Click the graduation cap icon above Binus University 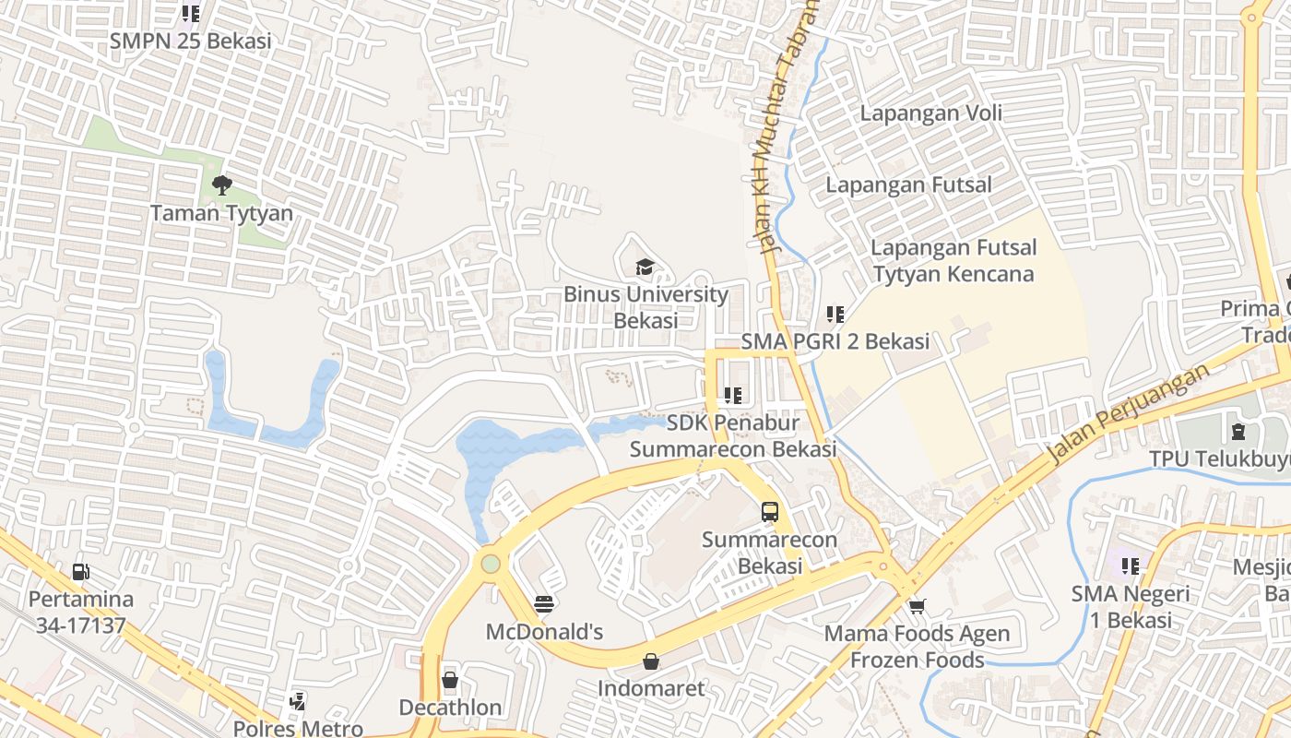point(644,268)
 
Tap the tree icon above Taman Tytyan point(221,185)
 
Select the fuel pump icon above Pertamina point(81,572)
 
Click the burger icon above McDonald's point(544,604)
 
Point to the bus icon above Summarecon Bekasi point(769,512)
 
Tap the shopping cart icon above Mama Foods point(917,606)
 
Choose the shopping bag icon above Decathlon point(450,681)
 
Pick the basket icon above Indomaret point(651,661)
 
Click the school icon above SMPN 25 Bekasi point(190,14)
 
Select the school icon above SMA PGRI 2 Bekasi point(835,315)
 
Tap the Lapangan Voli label point(930,113)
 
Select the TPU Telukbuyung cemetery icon point(1237,431)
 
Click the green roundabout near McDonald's point(491,563)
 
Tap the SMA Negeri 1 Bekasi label point(1131,607)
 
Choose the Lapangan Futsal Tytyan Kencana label point(953,261)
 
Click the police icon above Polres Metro point(297,702)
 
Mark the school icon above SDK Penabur point(733,396)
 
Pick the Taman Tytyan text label point(221,213)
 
